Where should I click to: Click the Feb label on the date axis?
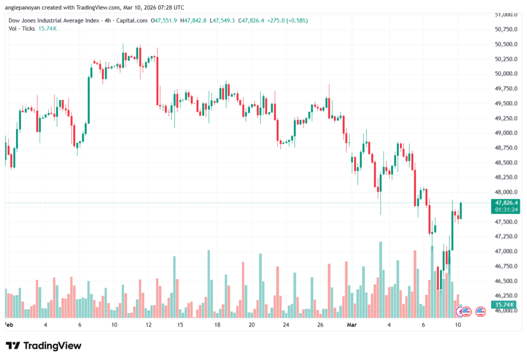pos(8,325)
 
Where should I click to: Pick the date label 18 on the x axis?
pos(217,325)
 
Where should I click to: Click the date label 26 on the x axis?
pos(320,325)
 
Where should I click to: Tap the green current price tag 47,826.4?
pos(505,203)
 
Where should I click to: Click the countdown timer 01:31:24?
pos(505,210)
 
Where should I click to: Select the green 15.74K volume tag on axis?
pos(505,305)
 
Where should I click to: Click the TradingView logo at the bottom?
pos(43,346)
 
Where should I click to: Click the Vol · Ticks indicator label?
pos(21,28)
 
